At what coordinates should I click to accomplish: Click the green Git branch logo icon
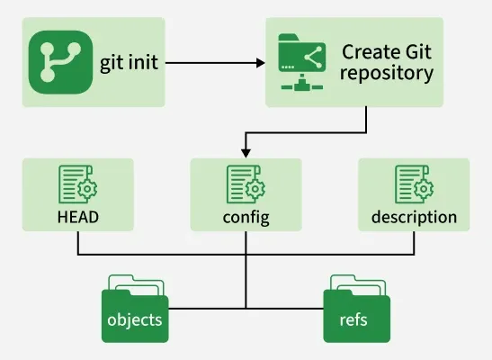pos(59,62)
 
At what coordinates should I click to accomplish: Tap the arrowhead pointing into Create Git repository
pos(260,64)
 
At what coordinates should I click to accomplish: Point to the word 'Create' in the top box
pos(370,51)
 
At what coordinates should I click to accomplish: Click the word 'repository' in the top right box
pos(388,74)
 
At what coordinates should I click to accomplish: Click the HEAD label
pos(77,217)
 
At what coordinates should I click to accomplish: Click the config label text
pos(246,217)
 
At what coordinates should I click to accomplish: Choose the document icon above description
pos(414,184)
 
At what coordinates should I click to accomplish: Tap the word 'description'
pos(414,217)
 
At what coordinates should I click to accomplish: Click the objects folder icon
pos(136,310)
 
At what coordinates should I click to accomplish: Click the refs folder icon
pos(357,310)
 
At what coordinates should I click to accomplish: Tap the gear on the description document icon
pos(425,191)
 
